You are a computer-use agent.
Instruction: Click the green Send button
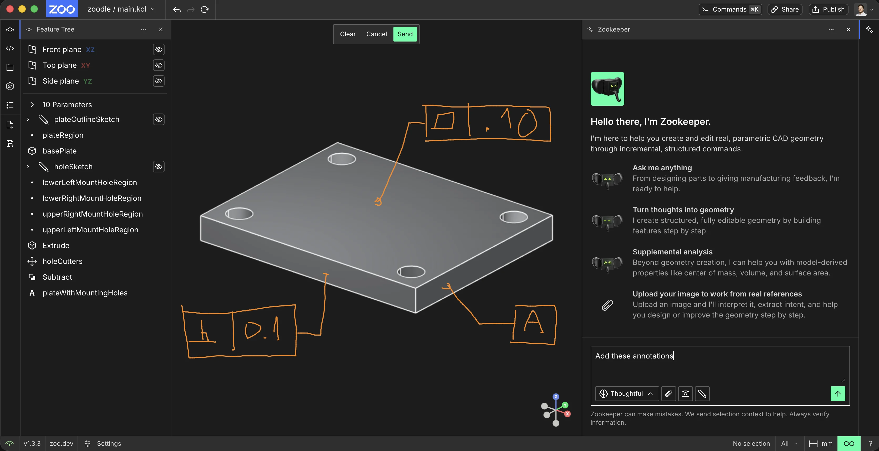(x=405, y=34)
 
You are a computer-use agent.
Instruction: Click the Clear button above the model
(x=348, y=34)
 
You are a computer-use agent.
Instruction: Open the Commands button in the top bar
(x=730, y=9)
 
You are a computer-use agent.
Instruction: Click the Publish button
(x=828, y=9)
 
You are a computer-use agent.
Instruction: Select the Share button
(x=785, y=9)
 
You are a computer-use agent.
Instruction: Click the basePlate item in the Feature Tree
(x=59, y=151)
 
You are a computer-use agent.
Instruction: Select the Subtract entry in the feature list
(x=57, y=277)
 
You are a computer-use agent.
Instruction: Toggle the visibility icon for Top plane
(x=159, y=65)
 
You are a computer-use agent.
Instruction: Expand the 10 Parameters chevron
(x=32, y=104)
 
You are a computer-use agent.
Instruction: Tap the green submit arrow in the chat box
(x=838, y=394)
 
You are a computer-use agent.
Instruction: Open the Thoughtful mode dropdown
(x=626, y=394)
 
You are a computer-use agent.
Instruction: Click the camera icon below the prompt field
(x=685, y=394)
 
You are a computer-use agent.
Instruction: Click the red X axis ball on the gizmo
(x=568, y=414)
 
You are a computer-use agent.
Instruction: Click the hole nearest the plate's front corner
(x=411, y=271)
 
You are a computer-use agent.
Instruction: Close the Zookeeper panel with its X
(x=849, y=29)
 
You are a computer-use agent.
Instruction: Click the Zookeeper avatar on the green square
(x=607, y=89)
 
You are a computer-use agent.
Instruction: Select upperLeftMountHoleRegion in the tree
(x=90, y=230)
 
